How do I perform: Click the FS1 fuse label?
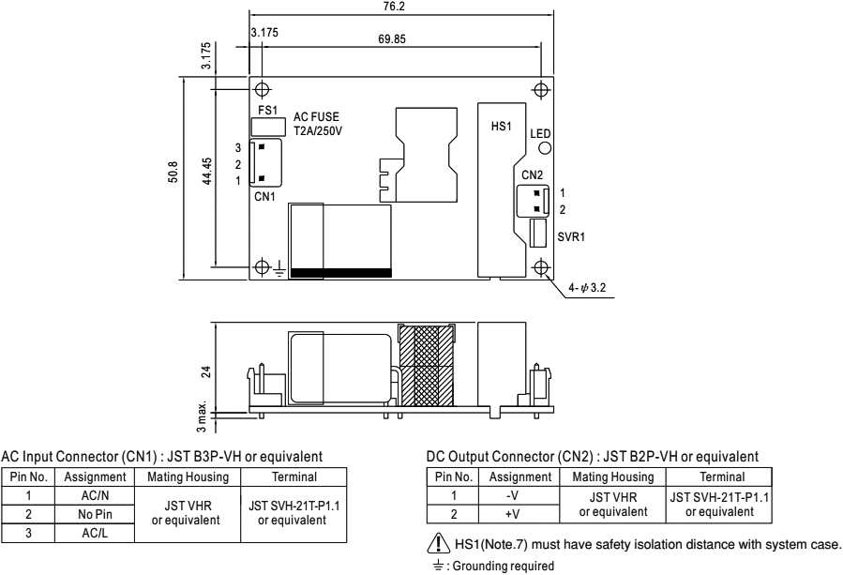[268, 110]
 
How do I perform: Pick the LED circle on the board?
[545, 148]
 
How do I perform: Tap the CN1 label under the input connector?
[265, 197]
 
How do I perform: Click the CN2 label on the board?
[533, 174]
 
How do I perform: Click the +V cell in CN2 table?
[512, 512]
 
